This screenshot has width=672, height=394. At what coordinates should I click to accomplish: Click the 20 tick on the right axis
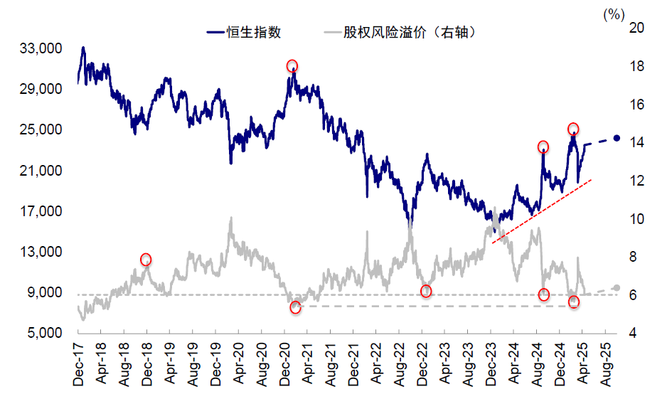[636, 28]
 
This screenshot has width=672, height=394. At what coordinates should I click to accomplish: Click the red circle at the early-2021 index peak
[292, 66]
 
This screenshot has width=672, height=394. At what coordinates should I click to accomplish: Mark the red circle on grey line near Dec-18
[146, 260]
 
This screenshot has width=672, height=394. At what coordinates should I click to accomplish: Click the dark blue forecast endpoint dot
[617, 138]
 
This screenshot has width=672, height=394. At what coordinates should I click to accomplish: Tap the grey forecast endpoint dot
[617, 288]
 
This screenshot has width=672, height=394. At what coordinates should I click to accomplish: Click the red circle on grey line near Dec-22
[426, 291]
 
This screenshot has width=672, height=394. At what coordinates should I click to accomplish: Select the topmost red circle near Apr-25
[573, 129]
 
